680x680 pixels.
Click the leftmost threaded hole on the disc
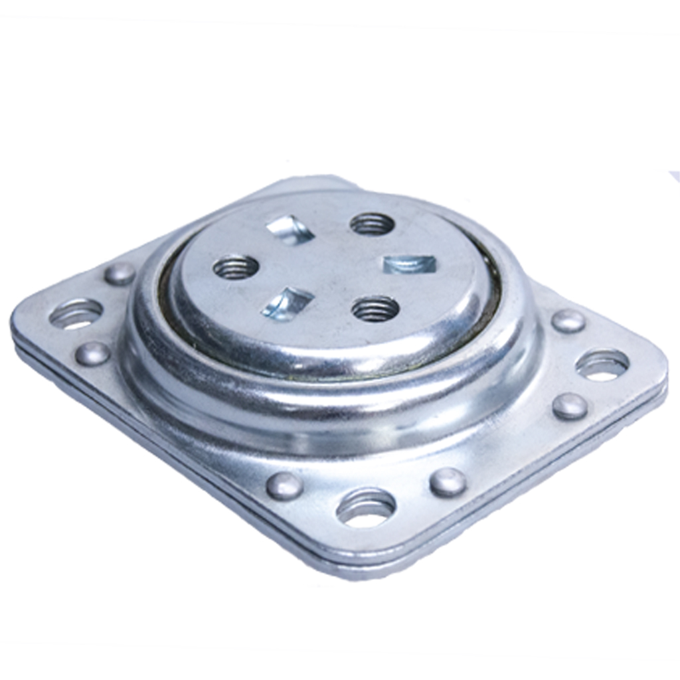click(236, 267)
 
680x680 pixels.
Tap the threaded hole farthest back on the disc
click(373, 224)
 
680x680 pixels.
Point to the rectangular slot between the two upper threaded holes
click(290, 229)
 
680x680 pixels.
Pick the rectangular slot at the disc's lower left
click(287, 303)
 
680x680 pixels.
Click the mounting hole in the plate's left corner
click(76, 313)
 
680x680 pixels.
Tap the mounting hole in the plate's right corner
click(602, 365)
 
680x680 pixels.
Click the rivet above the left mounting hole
click(120, 273)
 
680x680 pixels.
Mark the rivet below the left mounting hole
click(92, 353)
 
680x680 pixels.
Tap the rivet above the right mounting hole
click(568, 321)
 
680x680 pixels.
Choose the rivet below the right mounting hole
click(570, 406)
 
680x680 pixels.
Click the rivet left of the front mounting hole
click(284, 486)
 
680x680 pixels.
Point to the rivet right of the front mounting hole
click(448, 482)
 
